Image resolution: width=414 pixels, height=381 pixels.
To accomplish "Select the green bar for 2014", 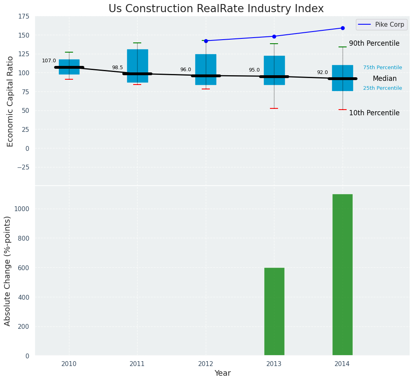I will coord(342,275).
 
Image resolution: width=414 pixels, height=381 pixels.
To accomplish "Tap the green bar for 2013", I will coord(274,311).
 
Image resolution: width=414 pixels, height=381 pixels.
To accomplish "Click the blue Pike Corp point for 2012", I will coord(206,41).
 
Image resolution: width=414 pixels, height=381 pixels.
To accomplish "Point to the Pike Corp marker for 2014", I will coord(343,28).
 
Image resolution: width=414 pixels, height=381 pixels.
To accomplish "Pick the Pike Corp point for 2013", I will coord(274,36).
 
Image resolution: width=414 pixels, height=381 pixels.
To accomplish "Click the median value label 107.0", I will coord(49,61).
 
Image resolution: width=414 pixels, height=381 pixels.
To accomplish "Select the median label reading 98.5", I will coord(117,68).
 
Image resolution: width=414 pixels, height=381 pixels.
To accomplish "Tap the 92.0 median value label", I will coord(322,73).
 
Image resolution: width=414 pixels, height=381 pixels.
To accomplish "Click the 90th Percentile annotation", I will coord(374,44).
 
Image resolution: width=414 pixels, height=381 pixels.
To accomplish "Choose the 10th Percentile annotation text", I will coord(374,113).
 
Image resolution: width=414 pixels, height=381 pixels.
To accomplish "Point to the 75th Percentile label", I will coord(383,68).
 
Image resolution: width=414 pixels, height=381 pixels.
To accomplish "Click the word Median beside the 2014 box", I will coord(385,79).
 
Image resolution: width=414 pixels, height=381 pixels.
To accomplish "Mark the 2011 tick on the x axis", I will coord(137,364).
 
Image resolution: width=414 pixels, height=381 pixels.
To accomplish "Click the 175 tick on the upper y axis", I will coord(24,16).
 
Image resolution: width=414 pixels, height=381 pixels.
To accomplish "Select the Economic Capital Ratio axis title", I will coord(10,101).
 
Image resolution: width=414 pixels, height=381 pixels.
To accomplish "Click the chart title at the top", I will coord(216,9).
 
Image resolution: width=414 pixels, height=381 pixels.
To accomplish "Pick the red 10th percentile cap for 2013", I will coord(274,108).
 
